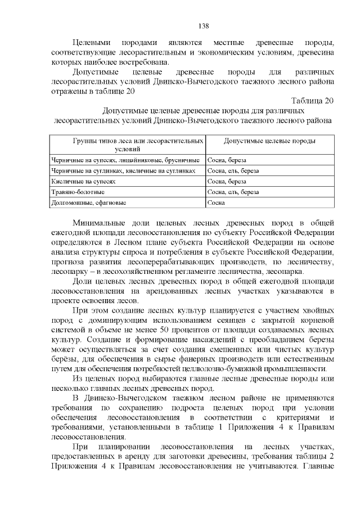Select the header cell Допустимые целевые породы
pyautogui.click(x=269, y=141)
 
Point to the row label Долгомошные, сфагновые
pyautogui.click(x=88, y=202)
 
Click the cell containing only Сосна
pyautogui.click(x=216, y=202)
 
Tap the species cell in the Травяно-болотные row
pyautogui.click(x=233, y=192)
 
